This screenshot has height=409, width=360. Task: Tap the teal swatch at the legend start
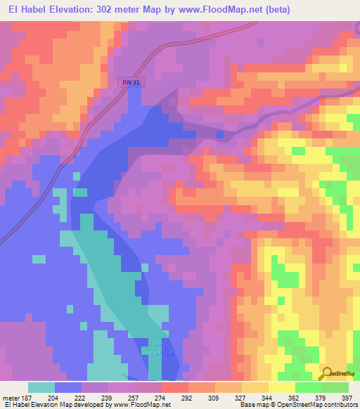(41, 387)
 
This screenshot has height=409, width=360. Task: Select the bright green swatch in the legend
(309, 387)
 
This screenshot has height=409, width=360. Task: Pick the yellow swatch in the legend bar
(255, 387)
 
